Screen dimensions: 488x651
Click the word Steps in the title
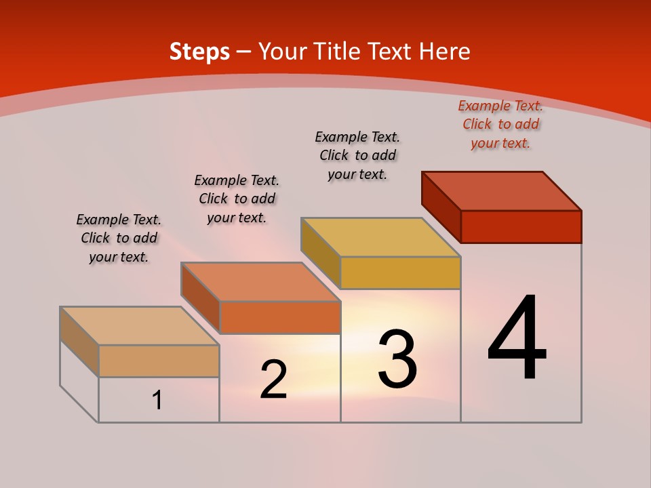(x=199, y=52)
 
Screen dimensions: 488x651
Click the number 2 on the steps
(x=273, y=380)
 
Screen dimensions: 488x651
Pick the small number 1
(x=157, y=400)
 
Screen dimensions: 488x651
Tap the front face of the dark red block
(x=521, y=226)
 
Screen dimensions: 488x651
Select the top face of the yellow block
(x=381, y=237)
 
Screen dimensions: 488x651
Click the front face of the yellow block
(x=400, y=272)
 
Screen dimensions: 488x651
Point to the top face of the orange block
(x=260, y=281)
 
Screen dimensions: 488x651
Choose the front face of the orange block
(x=280, y=317)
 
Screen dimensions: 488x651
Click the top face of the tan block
(x=140, y=325)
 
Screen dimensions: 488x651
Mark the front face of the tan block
(x=159, y=361)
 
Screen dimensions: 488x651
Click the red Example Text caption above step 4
(x=500, y=124)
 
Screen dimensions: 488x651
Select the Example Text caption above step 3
(x=357, y=155)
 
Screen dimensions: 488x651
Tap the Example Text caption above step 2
(x=237, y=199)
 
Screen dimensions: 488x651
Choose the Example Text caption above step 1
(x=119, y=238)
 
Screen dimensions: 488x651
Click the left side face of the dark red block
(x=441, y=206)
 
